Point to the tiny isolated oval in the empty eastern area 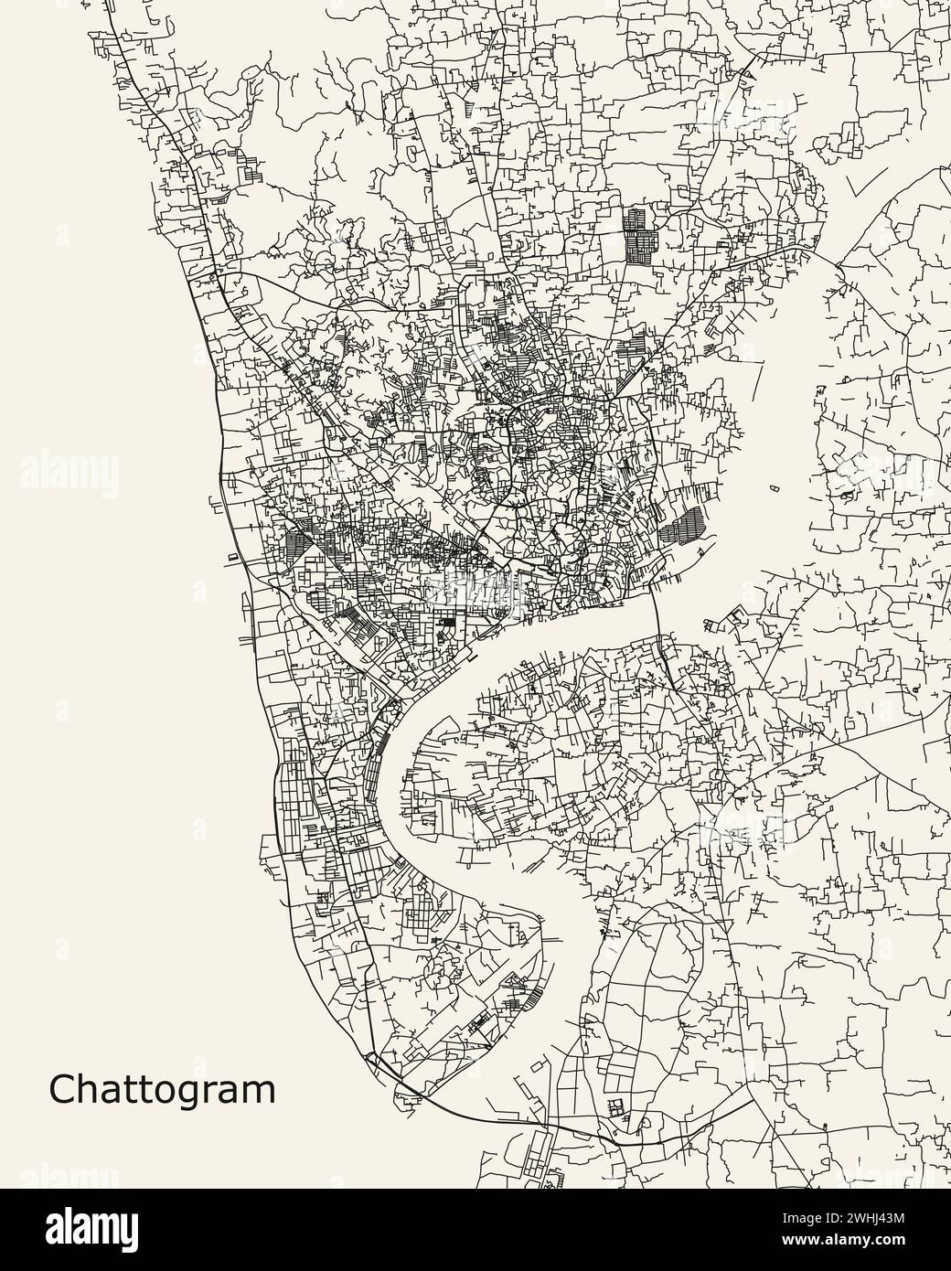click(x=775, y=489)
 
